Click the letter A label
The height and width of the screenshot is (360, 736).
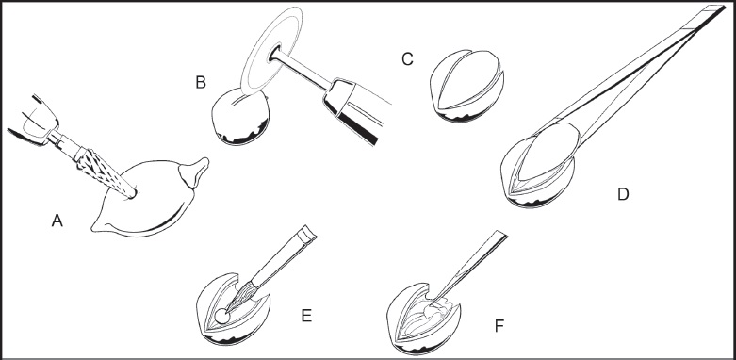(x=57, y=221)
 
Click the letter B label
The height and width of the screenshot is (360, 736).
(x=201, y=83)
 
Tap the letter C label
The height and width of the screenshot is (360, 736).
(x=407, y=59)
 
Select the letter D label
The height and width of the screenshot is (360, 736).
(x=622, y=194)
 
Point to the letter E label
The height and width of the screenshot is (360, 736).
(x=306, y=316)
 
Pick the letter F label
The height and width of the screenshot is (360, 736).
(x=499, y=326)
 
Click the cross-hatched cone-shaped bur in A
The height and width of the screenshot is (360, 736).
(x=105, y=172)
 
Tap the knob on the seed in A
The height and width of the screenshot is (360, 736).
(x=193, y=172)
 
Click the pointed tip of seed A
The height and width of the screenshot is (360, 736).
(x=94, y=229)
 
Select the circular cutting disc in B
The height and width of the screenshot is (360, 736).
(x=271, y=49)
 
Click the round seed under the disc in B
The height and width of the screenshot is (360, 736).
(x=241, y=117)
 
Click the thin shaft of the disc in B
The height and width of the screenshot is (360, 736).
(x=300, y=70)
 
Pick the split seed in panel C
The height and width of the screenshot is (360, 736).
(x=466, y=86)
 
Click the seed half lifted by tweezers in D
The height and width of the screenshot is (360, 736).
(x=547, y=153)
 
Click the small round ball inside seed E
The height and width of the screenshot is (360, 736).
(x=222, y=317)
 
